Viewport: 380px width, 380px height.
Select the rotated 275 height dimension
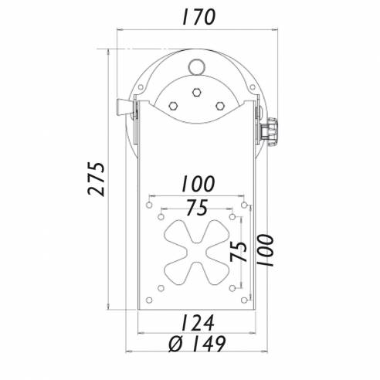(95, 179)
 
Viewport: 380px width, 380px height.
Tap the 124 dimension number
(198, 321)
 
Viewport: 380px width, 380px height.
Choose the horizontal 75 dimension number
(198, 208)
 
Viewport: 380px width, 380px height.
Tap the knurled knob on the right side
(271, 127)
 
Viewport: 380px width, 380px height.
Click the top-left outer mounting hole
(148, 205)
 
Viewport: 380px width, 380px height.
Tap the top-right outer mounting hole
(246, 205)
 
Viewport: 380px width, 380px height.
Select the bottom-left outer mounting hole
(148, 299)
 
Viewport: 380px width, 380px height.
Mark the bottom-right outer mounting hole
(246, 299)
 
